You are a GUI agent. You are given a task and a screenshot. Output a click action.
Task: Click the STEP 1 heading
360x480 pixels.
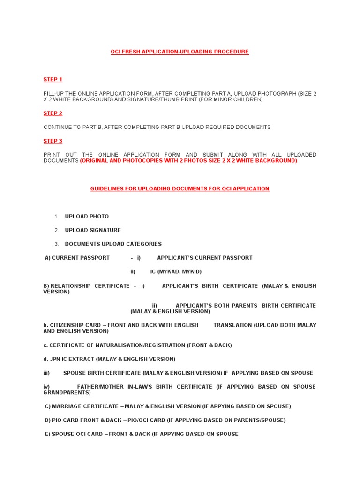(x=53, y=80)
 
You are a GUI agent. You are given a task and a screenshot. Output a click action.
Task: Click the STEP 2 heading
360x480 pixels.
(x=53, y=113)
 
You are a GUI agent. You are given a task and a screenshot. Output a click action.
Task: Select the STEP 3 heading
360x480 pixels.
(x=53, y=141)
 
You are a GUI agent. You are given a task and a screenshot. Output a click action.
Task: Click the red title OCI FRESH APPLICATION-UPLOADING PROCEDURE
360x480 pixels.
(x=180, y=52)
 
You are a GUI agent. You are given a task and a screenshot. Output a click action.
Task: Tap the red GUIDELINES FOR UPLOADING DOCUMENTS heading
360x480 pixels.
(x=180, y=189)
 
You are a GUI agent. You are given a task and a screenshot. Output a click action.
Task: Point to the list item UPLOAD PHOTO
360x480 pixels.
(x=87, y=217)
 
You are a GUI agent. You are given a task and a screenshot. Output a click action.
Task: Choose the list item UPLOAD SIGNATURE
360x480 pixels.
(x=93, y=230)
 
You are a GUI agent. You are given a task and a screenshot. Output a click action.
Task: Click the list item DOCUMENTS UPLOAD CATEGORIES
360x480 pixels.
(x=113, y=244)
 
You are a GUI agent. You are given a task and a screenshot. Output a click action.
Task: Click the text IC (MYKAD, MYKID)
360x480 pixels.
(x=176, y=272)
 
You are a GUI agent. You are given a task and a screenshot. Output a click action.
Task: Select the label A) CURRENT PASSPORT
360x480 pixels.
(x=77, y=258)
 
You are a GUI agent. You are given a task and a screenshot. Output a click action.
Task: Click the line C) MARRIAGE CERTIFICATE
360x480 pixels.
(x=168, y=406)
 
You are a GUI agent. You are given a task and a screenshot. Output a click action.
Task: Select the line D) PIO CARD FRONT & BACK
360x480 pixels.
(x=165, y=420)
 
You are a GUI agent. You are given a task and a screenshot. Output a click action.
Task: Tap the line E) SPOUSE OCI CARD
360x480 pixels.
(x=142, y=434)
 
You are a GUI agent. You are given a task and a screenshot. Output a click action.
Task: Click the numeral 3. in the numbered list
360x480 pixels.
(x=56, y=244)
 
